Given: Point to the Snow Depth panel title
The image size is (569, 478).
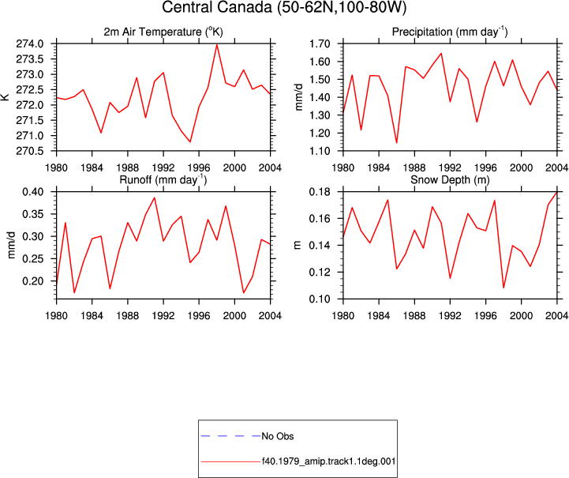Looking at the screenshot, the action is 450,180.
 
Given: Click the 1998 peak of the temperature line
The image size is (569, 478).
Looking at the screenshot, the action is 217,45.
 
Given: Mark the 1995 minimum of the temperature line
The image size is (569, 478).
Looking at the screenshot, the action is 190,141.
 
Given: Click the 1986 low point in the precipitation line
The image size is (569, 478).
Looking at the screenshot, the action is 397,142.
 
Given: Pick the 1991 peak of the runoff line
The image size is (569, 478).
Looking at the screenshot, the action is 155,198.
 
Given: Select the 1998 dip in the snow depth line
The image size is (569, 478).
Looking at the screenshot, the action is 503,288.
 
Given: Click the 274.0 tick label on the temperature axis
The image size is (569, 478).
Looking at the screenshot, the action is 30,44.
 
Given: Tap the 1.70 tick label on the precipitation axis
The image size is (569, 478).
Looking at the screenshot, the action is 320,44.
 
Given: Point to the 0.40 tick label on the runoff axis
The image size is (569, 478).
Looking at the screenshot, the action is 33,192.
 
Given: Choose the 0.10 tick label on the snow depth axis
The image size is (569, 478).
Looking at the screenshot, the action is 320,299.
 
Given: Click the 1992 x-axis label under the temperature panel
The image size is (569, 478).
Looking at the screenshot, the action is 163,167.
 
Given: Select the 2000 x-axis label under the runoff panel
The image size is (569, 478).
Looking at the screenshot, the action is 234,316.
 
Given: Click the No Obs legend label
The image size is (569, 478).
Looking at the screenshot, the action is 278,436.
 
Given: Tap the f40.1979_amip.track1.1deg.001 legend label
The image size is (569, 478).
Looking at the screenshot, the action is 329,461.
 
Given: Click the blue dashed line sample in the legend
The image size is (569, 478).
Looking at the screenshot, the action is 230,436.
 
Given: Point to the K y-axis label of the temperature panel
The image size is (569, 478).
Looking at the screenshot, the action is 5,97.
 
